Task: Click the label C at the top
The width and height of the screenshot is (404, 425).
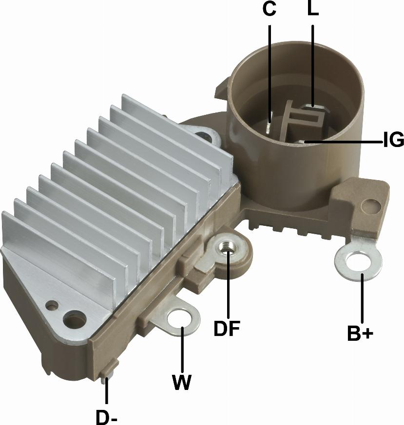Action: pos(269,9)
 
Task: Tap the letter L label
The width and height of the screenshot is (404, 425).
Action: pos(313,9)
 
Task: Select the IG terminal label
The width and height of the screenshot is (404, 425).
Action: pos(394,140)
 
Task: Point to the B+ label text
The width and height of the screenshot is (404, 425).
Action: pos(360,333)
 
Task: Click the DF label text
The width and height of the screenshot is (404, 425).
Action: pos(227,328)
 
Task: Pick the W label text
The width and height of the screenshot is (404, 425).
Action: pos(181,382)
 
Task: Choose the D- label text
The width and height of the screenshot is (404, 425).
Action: pos(106,417)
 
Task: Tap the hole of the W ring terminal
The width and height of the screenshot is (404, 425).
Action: pos(179,318)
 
